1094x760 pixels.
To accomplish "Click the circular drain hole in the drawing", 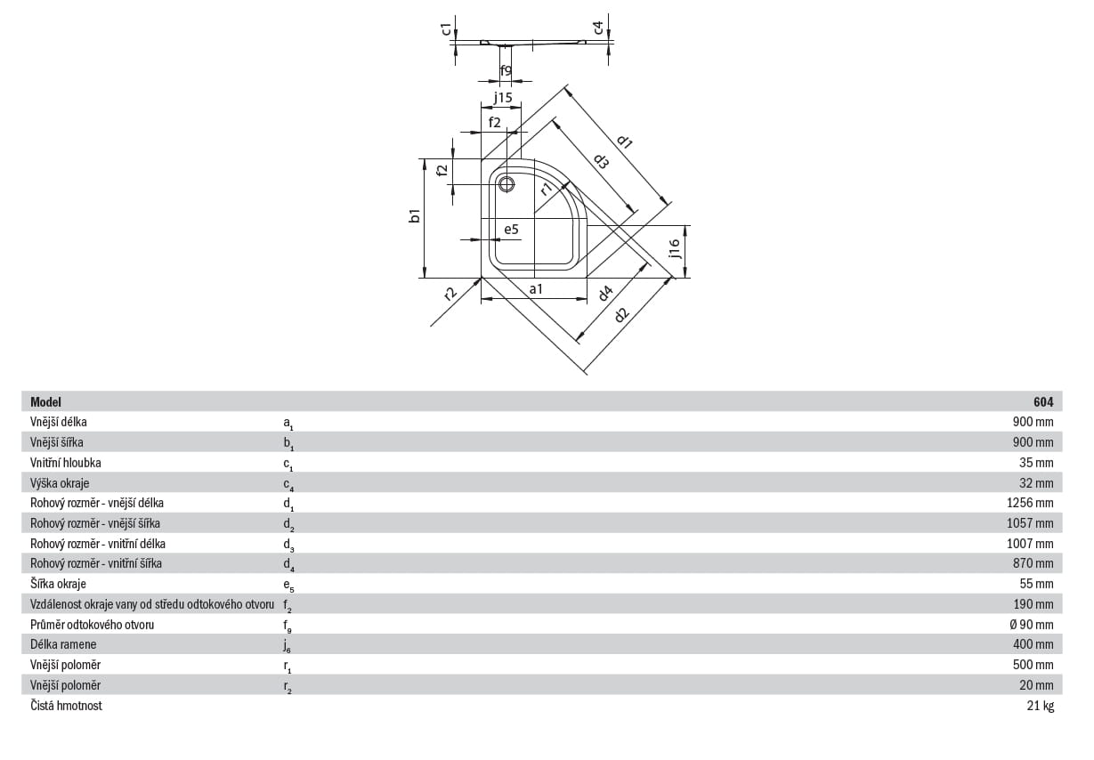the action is click(506, 184).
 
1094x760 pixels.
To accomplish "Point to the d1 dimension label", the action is click(625, 141).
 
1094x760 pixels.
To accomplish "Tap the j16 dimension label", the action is click(675, 248).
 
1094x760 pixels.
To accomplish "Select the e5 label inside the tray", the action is click(511, 229).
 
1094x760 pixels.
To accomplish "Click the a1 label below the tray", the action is click(536, 289).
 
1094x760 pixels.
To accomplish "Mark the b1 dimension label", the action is click(414, 215).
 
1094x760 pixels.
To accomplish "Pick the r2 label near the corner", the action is click(450, 293).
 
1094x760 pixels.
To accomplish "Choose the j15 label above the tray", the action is click(503, 98).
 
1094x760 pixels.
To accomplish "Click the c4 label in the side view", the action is click(598, 28).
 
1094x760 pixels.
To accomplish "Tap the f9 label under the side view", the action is click(506, 71).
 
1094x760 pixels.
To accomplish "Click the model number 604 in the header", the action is click(1043, 401).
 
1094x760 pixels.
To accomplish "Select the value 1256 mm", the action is click(1030, 503).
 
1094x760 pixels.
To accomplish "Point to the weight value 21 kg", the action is click(1041, 706).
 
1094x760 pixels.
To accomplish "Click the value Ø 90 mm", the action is click(1032, 625).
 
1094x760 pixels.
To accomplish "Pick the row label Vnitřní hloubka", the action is click(66, 462).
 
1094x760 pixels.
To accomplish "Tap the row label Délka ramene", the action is click(63, 644).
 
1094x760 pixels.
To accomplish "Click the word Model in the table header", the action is click(45, 401).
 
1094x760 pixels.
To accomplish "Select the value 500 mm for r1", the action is click(1033, 665).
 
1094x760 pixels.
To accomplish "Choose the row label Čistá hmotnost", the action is click(66, 706).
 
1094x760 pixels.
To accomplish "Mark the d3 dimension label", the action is click(601, 161).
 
